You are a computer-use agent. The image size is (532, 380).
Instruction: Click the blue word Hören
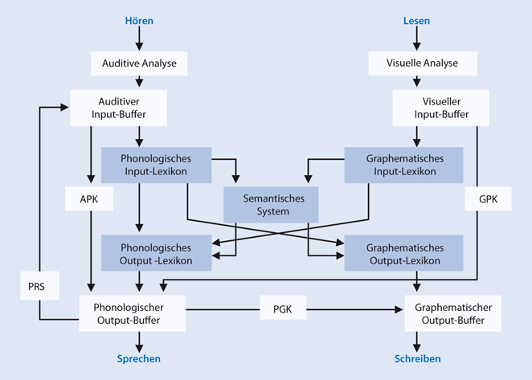(139, 19)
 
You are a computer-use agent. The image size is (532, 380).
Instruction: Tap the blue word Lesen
(417, 19)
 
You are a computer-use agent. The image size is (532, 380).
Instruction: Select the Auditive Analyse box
(139, 62)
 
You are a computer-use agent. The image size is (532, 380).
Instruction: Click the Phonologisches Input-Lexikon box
(157, 165)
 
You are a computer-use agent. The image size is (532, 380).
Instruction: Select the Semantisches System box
(271, 206)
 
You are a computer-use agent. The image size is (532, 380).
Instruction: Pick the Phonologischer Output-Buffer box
(132, 313)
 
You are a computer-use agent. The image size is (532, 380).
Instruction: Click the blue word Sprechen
(139, 359)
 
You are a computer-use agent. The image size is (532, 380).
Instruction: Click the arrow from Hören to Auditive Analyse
(139, 38)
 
